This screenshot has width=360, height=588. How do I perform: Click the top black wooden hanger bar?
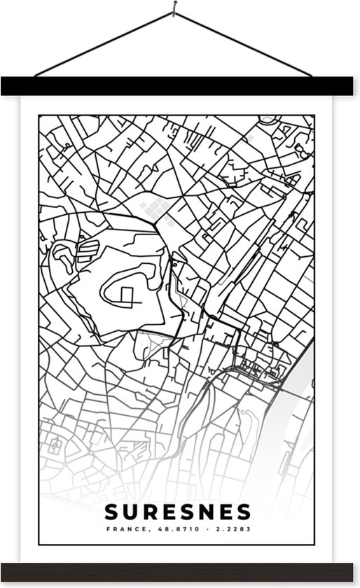tap(180, 85)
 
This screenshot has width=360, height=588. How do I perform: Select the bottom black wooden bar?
tap(180, 571)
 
